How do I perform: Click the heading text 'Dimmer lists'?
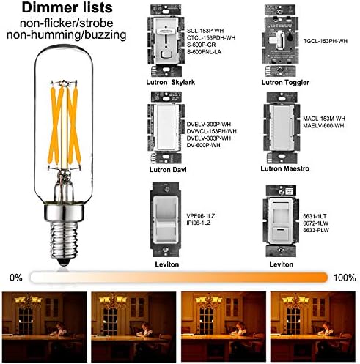(66, 10)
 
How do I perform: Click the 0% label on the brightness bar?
(15, 278)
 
